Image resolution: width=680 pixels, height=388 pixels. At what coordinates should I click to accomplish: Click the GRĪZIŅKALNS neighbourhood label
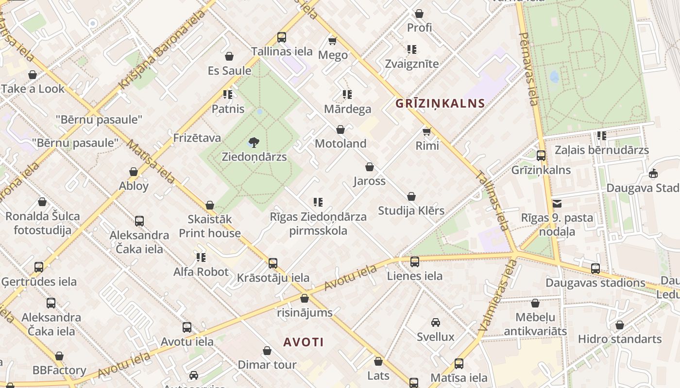(x=440, y=103)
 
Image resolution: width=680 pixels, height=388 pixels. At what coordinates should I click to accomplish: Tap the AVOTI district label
(x=304, y=342)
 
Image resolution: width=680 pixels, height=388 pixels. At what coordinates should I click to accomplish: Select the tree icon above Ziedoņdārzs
(x=254, y=142)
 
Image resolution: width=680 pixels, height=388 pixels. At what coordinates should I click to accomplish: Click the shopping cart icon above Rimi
(x=427, y=131)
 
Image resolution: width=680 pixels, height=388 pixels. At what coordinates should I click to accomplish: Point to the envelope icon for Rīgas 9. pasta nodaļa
(x=557, y=204)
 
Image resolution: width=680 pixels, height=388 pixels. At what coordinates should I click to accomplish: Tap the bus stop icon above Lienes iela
(x=414, y=262)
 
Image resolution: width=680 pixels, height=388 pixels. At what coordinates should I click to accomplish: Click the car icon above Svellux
(x=436, y=323)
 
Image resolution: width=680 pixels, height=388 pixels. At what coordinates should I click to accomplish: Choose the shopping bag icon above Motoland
(x=340, y=129)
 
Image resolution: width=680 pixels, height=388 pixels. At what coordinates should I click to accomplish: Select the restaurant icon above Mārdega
(x=347, y=94)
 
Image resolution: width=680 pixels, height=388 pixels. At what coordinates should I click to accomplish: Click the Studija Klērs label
(x=411, y=210)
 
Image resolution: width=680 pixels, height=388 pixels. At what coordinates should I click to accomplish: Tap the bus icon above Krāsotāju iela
(x=273, y=263)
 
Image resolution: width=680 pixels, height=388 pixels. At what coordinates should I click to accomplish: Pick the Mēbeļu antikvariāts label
(x=535, y=324)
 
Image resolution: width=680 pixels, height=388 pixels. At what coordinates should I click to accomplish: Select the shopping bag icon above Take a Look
(x=33, y=75)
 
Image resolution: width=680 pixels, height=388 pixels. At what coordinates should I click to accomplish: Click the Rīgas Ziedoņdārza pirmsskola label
(x=318, y=223)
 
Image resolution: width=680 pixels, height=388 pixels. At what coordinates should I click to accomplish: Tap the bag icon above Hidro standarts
(x=619, y=325)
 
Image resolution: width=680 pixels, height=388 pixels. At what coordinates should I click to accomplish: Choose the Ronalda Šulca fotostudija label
(x=42, y=223)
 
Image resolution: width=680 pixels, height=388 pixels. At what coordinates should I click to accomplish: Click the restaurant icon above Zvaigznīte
(x=411, y=49)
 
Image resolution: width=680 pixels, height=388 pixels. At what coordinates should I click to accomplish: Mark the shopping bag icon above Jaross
(x=370, y=167)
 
